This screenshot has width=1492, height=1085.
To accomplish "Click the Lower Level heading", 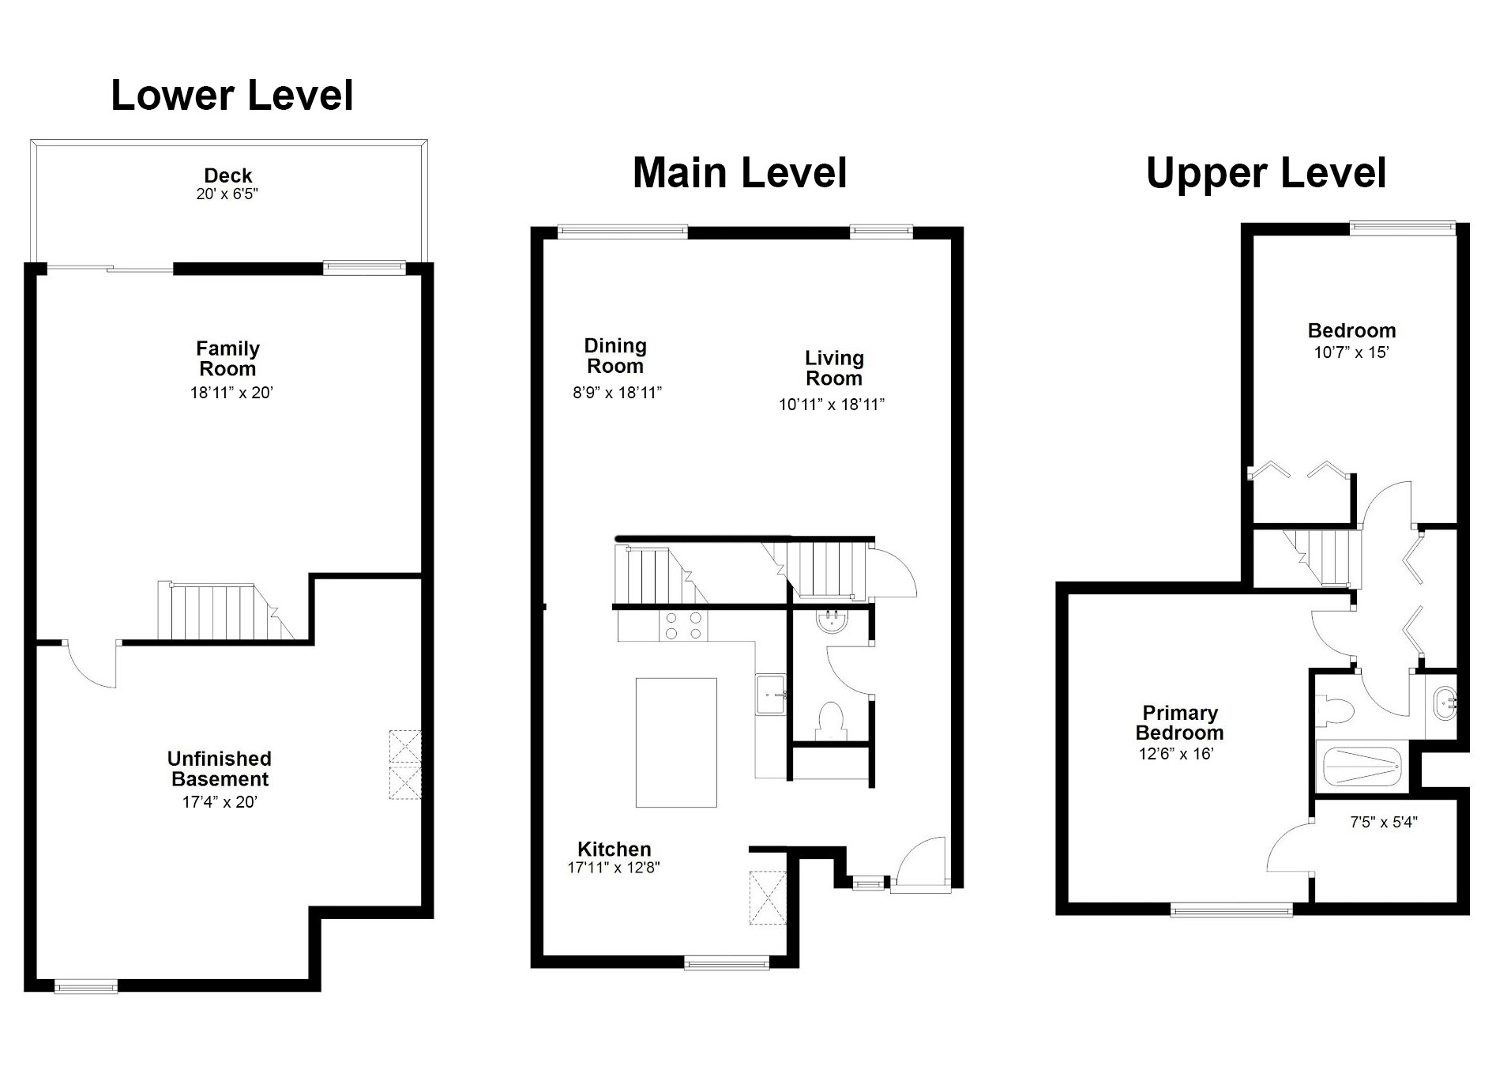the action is (x=232, y=95).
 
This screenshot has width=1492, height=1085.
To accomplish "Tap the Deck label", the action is (x=228, y=175).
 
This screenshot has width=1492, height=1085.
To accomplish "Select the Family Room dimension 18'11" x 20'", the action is (x=231, y=393).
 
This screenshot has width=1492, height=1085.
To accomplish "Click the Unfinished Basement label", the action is (x=220, y=769).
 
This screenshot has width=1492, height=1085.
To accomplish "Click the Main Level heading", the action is (x=740, y=172).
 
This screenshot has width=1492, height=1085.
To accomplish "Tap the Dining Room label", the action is (x=615, y=356).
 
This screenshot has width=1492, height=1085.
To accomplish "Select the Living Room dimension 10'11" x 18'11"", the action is (x=832, y=405).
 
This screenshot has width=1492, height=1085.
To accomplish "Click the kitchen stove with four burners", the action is (x=683, y=625).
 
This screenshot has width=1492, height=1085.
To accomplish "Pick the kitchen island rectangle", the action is (x=676, y=742).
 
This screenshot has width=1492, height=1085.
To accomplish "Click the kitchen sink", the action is (x=770, y=694).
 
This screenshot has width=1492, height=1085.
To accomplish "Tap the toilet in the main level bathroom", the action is (x=830, y=721).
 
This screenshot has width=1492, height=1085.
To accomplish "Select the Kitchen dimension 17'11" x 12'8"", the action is (x=614, y=867).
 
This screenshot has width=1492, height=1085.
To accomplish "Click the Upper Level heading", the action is (x=1266, y=172).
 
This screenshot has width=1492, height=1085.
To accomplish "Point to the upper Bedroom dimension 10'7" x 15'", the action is (x=1351, y=352).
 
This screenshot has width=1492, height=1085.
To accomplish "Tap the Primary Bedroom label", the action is (x=1179, y=723).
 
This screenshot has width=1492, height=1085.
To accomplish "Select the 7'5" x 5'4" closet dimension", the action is (x=1384, y=822).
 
